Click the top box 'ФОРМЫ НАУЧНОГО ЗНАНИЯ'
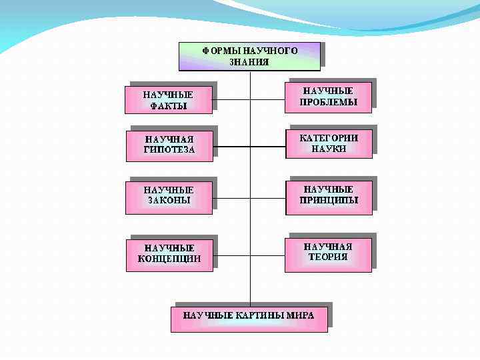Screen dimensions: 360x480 (x=249, y=57)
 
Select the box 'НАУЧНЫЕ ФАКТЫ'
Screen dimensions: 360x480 (x=168, y=100)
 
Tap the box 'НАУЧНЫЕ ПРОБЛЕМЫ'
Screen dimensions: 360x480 (x=329, y=97)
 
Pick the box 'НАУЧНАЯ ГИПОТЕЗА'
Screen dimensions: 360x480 (x=169, y=145)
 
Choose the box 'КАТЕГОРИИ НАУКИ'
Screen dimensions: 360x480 (x=329, y=143)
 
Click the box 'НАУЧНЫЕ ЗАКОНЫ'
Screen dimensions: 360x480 (x=168, y=195)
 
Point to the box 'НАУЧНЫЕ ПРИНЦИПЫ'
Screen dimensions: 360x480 (x=329, y=195)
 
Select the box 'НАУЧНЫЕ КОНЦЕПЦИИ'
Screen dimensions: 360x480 (x=169, y=253)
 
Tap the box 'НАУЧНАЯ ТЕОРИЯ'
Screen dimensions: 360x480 (x=328, y=252)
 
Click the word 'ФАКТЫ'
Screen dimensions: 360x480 (x=168, y=105)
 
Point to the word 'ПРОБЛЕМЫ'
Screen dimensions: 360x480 (x=329, y=102)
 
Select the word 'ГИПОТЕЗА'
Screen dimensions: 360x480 (x=169, y=150)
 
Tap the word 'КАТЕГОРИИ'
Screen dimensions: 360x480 (x=329, y=138)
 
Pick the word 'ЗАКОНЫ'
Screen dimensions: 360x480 (x=168, y=200)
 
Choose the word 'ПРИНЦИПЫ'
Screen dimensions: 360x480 (x=329, y=200)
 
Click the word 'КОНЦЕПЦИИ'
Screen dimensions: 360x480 (x=169, y=259)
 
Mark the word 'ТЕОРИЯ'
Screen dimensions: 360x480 (x=328, y=257)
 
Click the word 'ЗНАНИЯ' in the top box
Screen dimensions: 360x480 (x=249, y=62)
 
